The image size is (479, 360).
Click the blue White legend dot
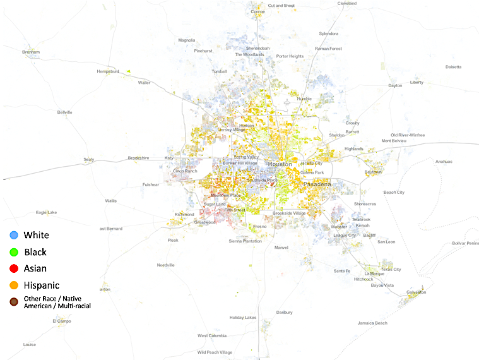[14, 236]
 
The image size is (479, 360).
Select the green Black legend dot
[14, 252]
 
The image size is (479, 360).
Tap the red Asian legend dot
[14, 268]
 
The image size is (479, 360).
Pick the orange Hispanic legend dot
[14, 285]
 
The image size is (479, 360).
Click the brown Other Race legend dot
[14, 302]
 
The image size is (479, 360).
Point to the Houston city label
[280, 164]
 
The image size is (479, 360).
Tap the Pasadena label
[317, 184]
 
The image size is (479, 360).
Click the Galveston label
[416, 292]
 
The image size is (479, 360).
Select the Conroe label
[257, 11]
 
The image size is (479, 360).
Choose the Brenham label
[31, 52]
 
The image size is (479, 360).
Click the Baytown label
[373, 172]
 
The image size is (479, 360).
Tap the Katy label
[169, 158]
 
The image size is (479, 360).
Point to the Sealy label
[88, 159]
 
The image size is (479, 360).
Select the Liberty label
[417, 82]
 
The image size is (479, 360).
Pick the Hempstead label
[107, 71]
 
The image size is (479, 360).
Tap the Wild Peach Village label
[215, 352]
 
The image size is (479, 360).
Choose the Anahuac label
[444, 161]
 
